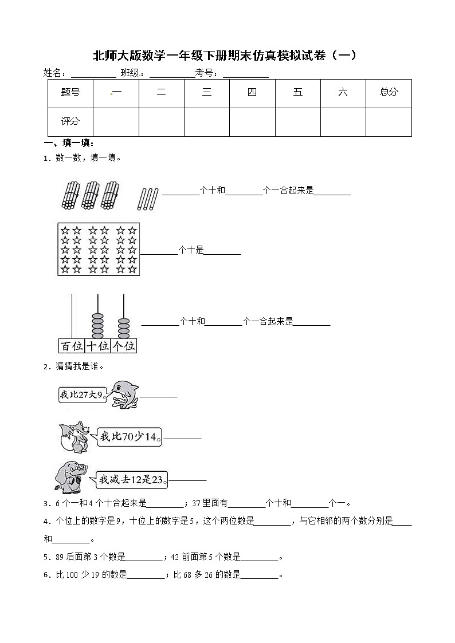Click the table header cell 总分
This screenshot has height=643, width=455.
pyautogui.click(x=389, y=92)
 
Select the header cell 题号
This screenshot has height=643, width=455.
pyautogui.click(x=70, y=92)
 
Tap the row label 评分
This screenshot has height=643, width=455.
pyautogui.click(x=70, y=121)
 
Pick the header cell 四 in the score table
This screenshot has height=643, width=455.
pyautogui.click(x=252, y=92)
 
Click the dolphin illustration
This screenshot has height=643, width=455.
pyautogui.click(x=124, y=394)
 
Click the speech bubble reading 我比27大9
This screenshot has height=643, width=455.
pyautogui.click(x=83, y=395)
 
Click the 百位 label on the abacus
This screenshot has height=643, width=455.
pyautogui.click(x=72, y=346)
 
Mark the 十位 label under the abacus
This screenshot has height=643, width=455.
pyautogui.click(x=97, y=346)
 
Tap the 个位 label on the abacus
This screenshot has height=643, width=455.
pyautogui.click(x=124, y=346)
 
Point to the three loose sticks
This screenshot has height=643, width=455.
pyautogui.click(x=147, y=199)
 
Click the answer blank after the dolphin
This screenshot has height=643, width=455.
pyautogui.click(x=159, y=395)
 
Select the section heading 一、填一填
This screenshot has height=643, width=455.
pyautogui.click(x=69, y=143)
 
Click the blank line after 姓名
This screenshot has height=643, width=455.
pyautogui.click(x=93, y=73)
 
